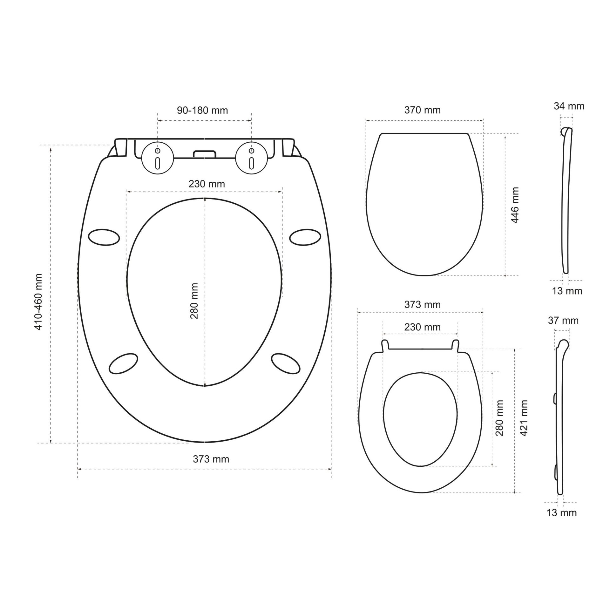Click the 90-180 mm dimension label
pos(202,110)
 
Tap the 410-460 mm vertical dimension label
pos(38,302)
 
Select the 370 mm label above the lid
pos(422,110)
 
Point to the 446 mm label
pos(515,205)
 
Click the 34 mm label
pos(569,106)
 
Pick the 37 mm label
pos(563,321)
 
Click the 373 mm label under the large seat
pos(211,459)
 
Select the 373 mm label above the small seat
pos(422,305)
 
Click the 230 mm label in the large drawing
pos(207,184)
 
